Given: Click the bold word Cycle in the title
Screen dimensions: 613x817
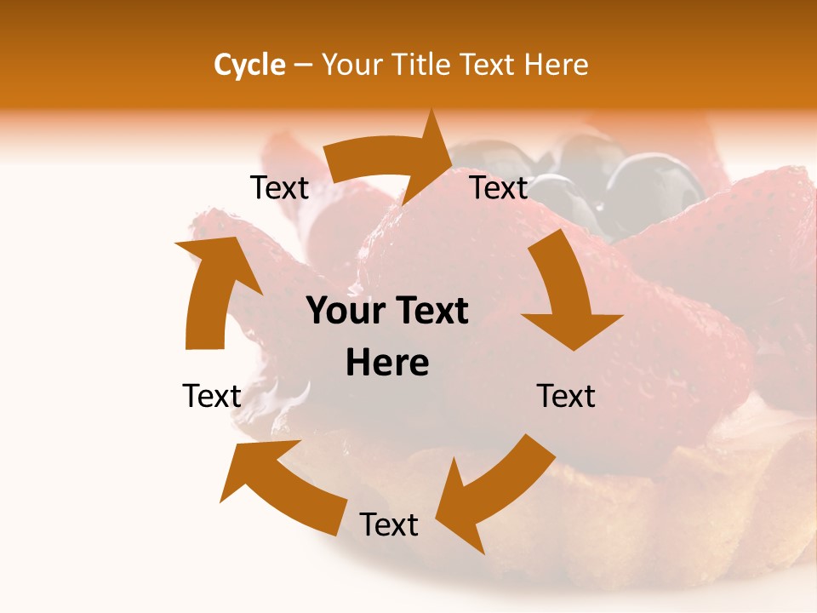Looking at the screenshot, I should (249, 65).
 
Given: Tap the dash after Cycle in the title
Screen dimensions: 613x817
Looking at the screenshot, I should (303, 65).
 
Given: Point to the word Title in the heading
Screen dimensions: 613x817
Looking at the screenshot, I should (421, 65).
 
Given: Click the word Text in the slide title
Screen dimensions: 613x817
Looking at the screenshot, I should (489, 65).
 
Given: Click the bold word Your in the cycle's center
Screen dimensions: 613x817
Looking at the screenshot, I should (346, 312).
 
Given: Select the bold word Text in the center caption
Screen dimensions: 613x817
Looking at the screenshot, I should (429, 312).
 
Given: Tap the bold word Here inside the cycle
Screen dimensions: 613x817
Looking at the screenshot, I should (387, 364).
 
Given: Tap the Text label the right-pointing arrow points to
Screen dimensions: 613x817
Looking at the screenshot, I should (500, 187).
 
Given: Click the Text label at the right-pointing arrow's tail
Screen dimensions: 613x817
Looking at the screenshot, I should (279, 187).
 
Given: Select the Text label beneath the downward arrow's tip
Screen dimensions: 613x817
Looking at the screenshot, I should (566, 396).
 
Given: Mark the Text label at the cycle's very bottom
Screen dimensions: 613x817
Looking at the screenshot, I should (389, 524).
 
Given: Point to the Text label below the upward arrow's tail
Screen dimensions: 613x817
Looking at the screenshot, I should (212, 396).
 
